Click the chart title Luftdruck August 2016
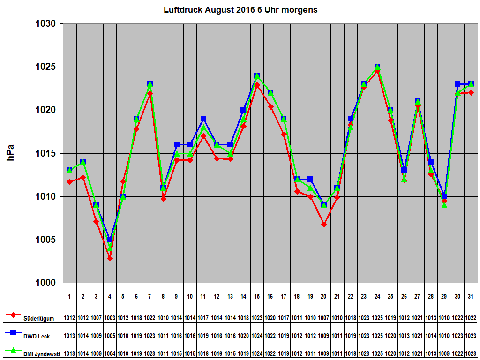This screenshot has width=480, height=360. pos(240,10)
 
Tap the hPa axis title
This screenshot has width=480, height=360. pos(10,153)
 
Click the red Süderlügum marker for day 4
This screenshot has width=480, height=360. pos(110,258)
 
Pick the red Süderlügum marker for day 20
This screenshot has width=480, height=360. pos(324,225)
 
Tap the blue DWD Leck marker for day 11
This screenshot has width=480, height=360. pos(203,119)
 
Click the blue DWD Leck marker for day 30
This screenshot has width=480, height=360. pos(457,84)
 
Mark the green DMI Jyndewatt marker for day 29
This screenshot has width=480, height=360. pos(444,205)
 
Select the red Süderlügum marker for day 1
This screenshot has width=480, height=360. pos(69,181)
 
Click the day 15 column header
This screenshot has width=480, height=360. pos(257,296)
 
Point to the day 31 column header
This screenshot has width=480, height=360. pos(471,296)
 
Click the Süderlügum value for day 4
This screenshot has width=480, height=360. pos(110,318)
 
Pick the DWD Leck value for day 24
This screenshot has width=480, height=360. pos(377,336)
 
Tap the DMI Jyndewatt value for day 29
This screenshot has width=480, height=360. pos(444,353)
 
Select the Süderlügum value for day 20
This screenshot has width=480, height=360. pos(324,318)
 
